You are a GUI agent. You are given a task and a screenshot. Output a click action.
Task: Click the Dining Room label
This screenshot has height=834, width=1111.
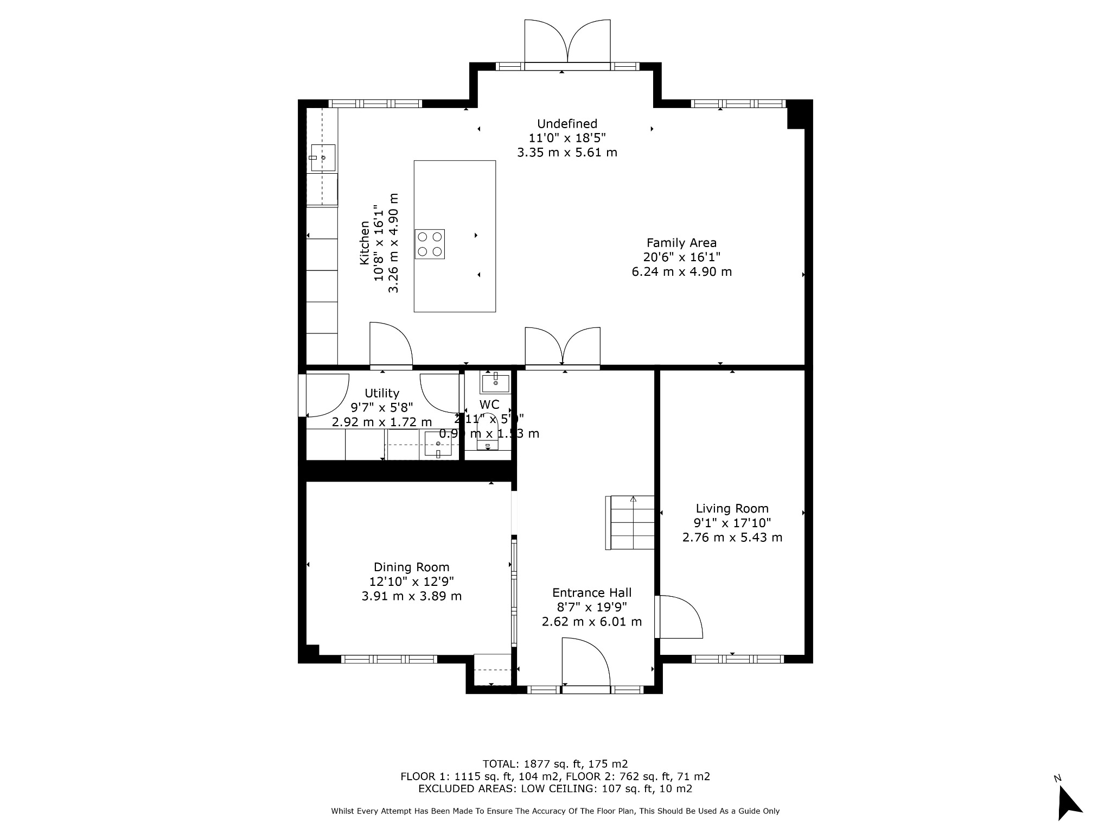[411, 567]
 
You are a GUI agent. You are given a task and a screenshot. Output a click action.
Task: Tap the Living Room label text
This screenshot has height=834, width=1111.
[732, 509]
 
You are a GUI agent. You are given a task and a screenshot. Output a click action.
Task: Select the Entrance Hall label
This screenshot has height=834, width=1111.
[591, 593]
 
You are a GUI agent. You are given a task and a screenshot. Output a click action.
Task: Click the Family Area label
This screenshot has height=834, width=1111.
[681, 243]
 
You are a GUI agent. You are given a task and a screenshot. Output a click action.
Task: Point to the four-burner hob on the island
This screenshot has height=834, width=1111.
[430, 244]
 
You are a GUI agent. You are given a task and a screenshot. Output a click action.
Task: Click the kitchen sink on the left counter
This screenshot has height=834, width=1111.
[323, 157]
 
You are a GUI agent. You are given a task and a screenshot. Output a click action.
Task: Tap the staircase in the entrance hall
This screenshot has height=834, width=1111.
[633, 522]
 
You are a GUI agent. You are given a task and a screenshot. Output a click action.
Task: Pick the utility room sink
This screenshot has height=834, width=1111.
[438, 444]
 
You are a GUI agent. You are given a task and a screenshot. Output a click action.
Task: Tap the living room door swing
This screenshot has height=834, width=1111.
[679, 617]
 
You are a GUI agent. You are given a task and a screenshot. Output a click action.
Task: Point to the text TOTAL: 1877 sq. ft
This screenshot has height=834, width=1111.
[554, 764]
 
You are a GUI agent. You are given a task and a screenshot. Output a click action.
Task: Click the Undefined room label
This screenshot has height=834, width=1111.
[567, 124]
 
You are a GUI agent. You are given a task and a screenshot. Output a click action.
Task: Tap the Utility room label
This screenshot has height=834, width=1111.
[382, 393]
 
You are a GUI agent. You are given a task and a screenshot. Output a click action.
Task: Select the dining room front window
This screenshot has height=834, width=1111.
[389, 659]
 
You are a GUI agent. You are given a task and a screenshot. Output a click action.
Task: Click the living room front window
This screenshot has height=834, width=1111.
[738, 659]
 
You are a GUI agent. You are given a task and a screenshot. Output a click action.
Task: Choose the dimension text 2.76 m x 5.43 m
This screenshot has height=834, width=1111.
[732, 538]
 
